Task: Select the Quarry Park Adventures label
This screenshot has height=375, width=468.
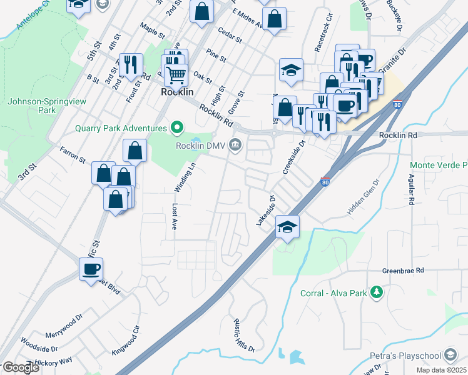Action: coord(121,128)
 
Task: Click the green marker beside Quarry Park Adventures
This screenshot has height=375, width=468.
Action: coord(177,128)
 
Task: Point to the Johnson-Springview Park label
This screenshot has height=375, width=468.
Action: coord(33,105)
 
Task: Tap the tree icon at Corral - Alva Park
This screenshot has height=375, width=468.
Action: coord(377,292)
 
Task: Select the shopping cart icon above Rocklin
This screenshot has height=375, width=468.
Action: coord(176,75)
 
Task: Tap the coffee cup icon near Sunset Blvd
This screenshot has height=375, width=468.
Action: coord(91,269)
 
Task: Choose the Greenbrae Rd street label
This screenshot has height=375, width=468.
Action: coord(404,271)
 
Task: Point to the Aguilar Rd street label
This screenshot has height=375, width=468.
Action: coord(412,190)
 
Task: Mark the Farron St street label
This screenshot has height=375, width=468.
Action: coord(73,154)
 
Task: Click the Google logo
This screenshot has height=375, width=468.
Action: coord(21,367)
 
